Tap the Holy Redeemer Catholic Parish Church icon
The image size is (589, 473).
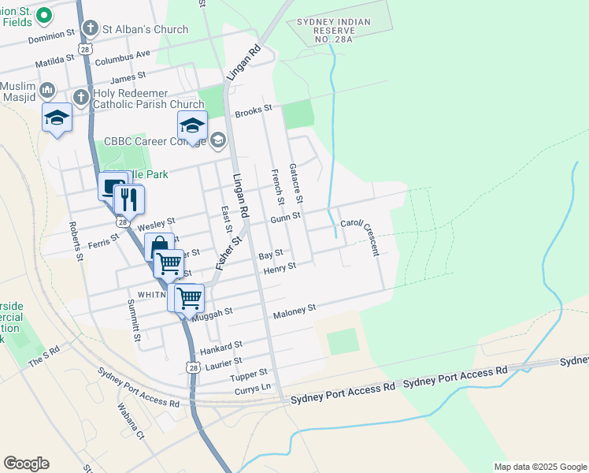[80, 97]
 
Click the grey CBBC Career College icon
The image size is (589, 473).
[217, 141]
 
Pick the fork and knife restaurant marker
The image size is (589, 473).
[129, 199]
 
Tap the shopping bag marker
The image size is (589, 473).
[159, 247]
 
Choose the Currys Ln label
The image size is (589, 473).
[255, 388]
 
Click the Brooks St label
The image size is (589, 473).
[253, 110]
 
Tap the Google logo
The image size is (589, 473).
[26, 464]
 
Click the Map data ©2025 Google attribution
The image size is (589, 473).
[539, 467]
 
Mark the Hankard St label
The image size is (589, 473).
[220, 346]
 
